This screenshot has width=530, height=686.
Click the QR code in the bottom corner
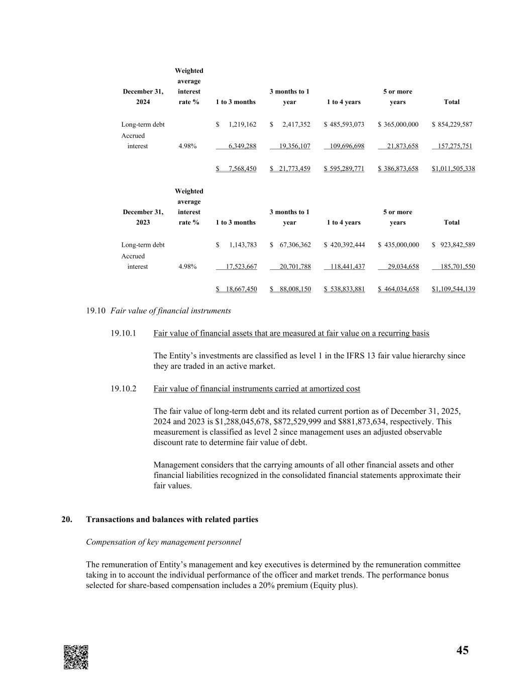click(x=76, y=657)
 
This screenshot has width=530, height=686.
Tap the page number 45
click(x=462, y=650)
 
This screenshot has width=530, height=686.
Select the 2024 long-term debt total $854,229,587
click(x=452, y=124)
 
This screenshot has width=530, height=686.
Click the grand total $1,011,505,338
click(x=453, y=168)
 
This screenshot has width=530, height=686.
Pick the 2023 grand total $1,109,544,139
click(x=453, y=289)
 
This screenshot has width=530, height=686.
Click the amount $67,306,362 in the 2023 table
click(x=290, y=245)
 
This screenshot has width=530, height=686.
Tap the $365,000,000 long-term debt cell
click(x=398, y=124)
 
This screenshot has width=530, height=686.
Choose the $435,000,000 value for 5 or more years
click(x=398, y=245)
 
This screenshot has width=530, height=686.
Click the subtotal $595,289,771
click(x=344, y=168)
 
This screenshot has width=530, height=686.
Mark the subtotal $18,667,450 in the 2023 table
click(x=237, y=289)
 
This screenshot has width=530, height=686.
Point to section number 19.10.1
click(x=124, y=333)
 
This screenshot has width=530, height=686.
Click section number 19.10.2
click(x=124, y=388)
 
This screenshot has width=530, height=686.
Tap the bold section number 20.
click(x=66, y=519)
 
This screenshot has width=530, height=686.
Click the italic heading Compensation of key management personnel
click(x=163, y=542)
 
